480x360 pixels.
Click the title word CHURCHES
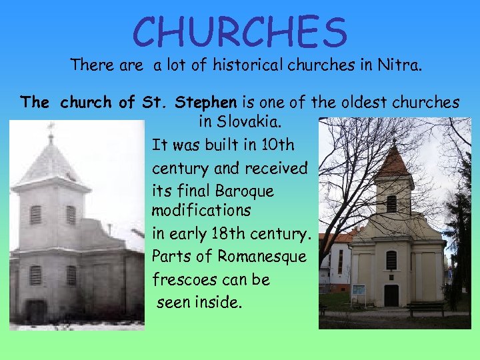(x=240, y=33)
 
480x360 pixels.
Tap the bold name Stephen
(x=205, y=103)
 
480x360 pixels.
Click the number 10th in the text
(x=275, y=145)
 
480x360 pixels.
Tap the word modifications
(x=201, y=211)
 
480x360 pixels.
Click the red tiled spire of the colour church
(x=393, y=163)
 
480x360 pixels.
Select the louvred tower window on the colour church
(x=391, y=203)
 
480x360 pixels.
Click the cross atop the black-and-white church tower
(x=51, y=127)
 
